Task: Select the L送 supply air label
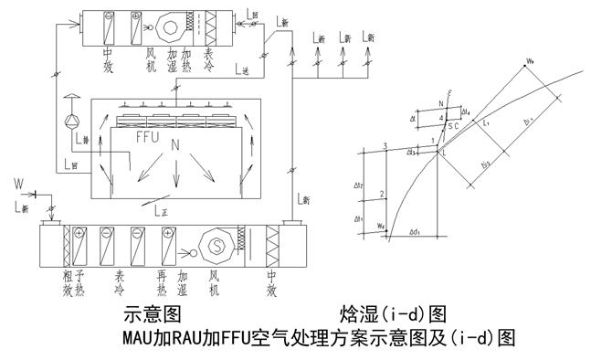242,70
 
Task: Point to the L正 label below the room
161,210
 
